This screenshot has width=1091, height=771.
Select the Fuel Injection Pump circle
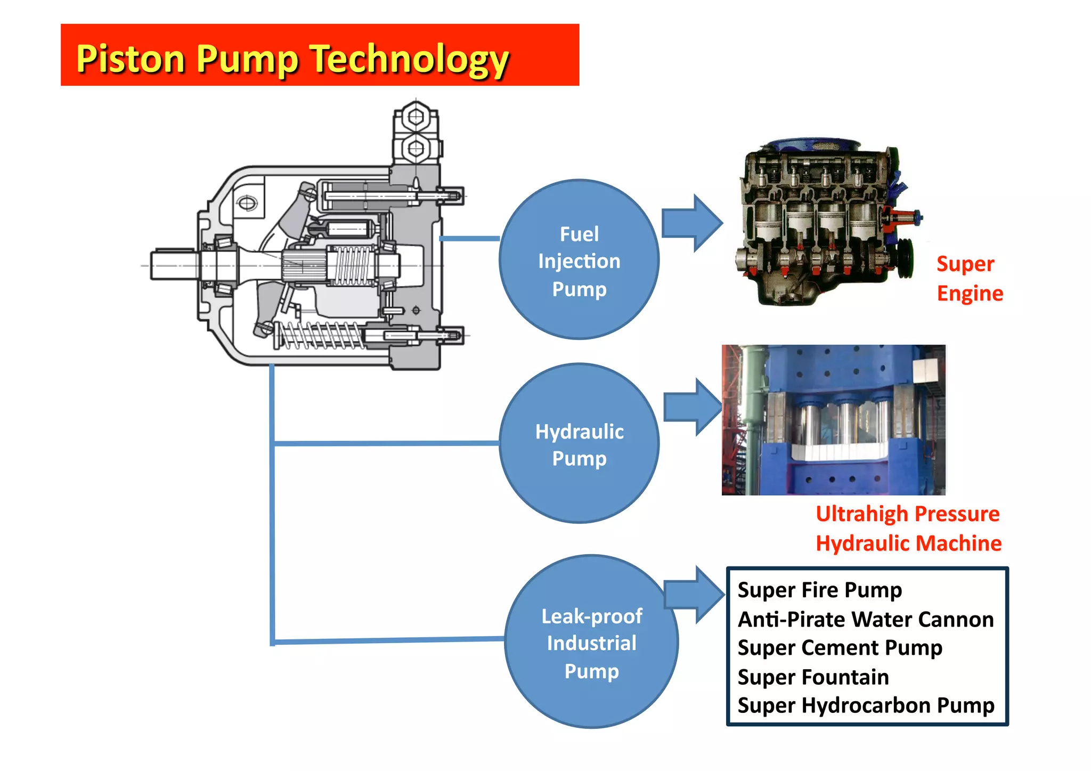pos(579,259)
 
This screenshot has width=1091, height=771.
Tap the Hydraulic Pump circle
pos(579,443)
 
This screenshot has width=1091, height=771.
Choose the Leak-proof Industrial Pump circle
pos(591,642)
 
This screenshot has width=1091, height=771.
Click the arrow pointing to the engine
pos(691,223)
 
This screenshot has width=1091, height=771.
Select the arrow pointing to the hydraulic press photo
pos(693,408)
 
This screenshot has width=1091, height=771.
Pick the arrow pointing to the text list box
pos(694,595)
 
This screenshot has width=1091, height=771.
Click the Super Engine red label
pos(969,279)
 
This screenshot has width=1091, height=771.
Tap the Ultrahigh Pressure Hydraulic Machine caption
pos(908,529)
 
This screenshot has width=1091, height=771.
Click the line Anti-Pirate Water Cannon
pos(865,620)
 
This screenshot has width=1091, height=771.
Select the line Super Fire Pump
pos(819,590)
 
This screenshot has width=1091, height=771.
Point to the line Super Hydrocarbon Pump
pos(865,705)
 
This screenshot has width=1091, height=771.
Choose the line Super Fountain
pos(813,677)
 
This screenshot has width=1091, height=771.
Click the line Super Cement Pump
pos(840,648)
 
